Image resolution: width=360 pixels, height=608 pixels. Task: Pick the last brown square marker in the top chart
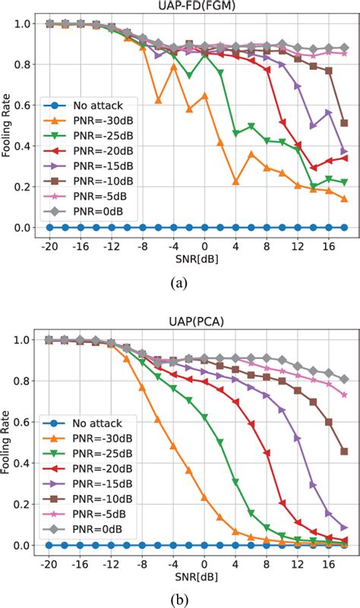(x=345, y=123)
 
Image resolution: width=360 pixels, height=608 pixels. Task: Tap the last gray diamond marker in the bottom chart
(x=345, y=379)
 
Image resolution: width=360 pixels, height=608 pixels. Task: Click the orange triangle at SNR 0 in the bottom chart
(x=204, y=498)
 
